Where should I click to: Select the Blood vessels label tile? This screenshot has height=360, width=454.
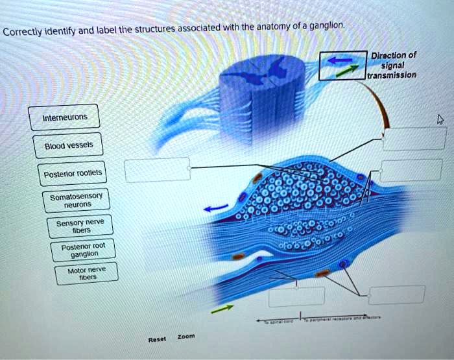pos(68,145)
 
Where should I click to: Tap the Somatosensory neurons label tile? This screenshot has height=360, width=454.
pos(76,200)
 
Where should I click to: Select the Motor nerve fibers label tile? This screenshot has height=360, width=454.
pos(91,272)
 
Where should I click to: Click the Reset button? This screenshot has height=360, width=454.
pos(157,339)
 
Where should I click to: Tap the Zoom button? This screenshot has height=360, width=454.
pos(186,337)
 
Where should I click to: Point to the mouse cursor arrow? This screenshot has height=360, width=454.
pos(441,119)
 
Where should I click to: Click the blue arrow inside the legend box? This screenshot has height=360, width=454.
pos(339,60)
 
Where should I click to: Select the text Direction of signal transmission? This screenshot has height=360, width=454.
pos(391,65)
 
